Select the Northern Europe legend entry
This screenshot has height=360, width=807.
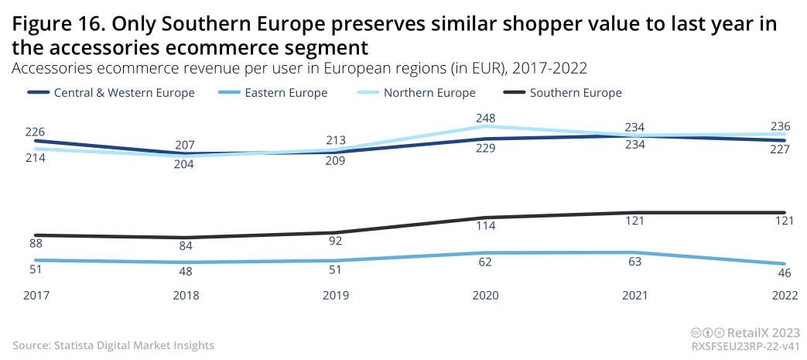429,93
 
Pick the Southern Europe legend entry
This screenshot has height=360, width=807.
576,93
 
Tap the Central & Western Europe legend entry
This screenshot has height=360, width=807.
124,93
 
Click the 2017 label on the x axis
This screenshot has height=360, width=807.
36,295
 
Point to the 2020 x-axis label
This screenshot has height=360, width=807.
485,295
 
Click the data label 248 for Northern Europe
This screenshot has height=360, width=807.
485,118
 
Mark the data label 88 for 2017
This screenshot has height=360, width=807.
36,243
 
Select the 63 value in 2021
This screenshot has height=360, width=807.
634,261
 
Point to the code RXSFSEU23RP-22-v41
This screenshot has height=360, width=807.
745,346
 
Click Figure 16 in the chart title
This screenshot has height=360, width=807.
54,25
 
